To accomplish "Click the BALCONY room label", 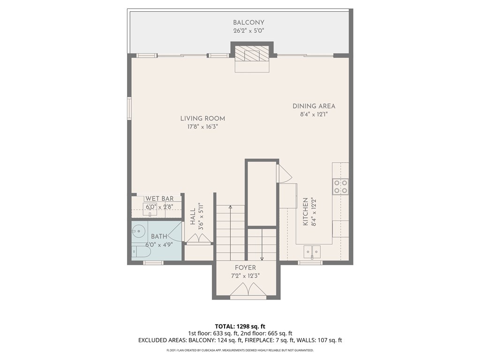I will click(248, 22).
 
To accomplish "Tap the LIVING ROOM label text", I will click(202, 119).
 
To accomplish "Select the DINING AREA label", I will click(314, 106).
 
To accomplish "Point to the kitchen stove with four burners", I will click(340, 187).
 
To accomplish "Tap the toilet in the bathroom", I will click(141, 252).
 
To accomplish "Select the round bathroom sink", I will click(138, 230).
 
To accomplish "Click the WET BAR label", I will click(159, 199).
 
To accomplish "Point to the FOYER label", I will click(245, 268).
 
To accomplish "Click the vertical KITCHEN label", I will click(305, 211).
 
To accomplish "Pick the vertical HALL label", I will click(193, 217).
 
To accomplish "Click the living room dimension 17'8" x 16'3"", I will click(202, 127).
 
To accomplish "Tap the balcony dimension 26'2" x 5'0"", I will click(248, 31).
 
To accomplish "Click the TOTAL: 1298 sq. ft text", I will click(240, 326).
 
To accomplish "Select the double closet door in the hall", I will click(199, 239).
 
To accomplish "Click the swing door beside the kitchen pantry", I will click(285, 174).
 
